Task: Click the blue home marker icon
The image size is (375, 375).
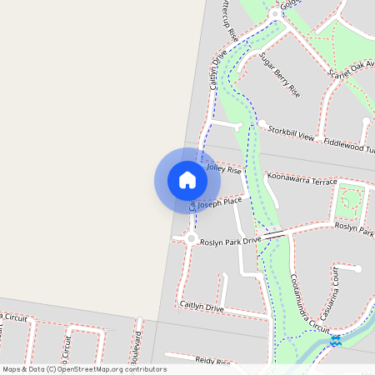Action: (187, 180)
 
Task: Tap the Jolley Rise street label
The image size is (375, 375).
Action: (223, 169)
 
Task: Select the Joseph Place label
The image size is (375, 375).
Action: (220, 202)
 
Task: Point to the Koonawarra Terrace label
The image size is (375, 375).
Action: (301, 180)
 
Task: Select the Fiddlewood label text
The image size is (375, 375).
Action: (349, 145)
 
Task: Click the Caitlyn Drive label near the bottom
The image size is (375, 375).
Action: (202, 307)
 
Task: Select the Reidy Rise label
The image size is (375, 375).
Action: (212, 362)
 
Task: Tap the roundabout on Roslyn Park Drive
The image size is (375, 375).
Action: (191, 239)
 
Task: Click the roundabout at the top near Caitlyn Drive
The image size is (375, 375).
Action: (276, 16)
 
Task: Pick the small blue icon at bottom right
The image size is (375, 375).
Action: (335, 341)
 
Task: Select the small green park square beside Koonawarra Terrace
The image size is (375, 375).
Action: (351, 201)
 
